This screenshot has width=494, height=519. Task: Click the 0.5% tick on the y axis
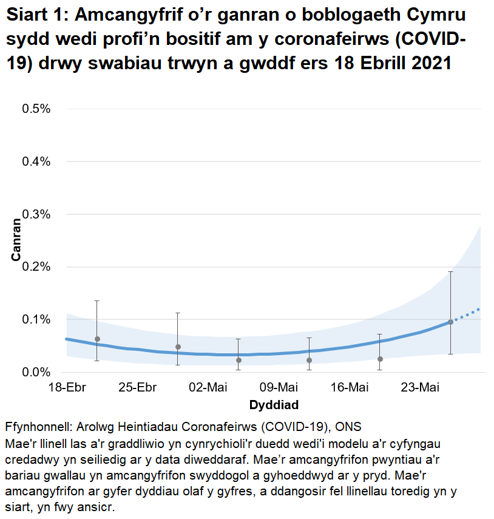point(36,109)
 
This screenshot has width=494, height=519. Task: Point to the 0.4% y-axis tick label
point(36,161)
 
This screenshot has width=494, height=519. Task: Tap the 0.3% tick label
point(36,214)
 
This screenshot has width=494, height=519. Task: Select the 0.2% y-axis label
point(36,267)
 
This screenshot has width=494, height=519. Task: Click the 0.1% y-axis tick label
point(36,319)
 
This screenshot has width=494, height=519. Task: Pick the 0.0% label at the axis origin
point(36,372)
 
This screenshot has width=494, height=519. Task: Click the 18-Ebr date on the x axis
point(66,387)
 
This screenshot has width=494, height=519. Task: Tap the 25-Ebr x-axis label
point(137,387)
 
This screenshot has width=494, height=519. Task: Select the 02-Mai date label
point(208,387)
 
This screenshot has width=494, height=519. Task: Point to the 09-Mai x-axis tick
point(279,387)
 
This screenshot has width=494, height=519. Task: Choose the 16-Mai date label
point(350,387)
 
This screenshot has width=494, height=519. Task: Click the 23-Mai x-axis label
point(420,387)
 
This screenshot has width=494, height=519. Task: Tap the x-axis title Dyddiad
point(274,404)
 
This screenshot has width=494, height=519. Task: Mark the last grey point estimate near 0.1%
point(450,322)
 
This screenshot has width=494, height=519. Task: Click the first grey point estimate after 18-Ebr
point(97,339)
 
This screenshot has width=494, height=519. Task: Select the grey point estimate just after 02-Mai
point(239,360)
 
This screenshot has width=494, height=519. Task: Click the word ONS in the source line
point(350,426)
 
